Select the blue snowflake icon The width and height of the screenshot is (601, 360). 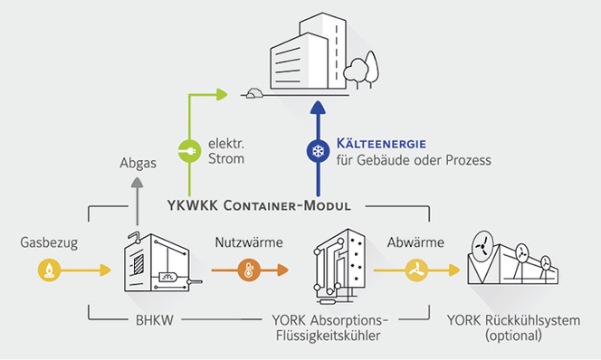pos(317,150)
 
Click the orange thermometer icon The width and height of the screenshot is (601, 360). pos(246,269)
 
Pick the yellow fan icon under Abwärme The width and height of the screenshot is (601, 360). pos(416,269)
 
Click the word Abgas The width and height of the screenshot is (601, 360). pos(136,164)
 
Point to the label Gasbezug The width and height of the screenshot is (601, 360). pos(44,242)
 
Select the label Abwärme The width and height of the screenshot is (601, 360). pos(415,242)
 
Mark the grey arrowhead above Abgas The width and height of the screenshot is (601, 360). pos(136,183)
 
